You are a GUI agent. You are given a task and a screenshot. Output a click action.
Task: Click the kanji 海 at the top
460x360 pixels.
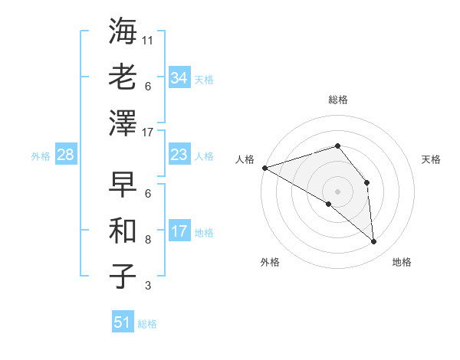coord(123,33)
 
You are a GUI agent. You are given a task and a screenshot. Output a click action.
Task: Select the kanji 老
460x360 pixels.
coord(123,77)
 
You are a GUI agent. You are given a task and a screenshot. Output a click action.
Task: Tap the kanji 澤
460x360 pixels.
coord(123,123)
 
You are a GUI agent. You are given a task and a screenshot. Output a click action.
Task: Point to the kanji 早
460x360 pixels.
coord(123,185)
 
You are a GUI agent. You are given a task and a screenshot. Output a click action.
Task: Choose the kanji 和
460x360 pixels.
coord(123,231)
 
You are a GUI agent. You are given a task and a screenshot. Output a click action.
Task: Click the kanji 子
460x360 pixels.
coord(123,276)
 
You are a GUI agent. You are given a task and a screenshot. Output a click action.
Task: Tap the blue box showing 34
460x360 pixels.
coord(179,78)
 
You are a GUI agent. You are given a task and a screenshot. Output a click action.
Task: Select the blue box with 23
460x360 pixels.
coord(179,155)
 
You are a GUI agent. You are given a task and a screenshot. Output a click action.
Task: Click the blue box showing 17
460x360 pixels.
coord(179,231)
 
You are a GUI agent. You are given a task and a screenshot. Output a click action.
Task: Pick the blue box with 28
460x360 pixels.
coord(65,155)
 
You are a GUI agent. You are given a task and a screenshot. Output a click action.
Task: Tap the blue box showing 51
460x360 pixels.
coord(122,322)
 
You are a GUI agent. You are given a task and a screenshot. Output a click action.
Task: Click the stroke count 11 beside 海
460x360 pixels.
coord(148,39)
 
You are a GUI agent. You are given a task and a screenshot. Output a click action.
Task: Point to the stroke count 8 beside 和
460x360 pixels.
coord(148,239)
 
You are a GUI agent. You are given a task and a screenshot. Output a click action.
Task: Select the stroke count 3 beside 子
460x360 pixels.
coord(148,286)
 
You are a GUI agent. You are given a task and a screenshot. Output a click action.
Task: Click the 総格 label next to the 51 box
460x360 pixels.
coord(147,324)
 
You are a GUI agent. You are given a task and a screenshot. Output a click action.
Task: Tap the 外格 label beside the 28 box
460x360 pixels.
coord(41,156)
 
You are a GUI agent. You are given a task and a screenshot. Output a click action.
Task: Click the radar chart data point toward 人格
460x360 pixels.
coord(264,167)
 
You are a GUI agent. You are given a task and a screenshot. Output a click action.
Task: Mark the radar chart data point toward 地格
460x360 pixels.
coord(373,242)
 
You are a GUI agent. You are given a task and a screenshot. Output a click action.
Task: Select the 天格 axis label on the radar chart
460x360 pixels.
coord(432,159)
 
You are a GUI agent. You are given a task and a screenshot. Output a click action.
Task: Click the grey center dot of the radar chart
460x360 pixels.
coord(337,191)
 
